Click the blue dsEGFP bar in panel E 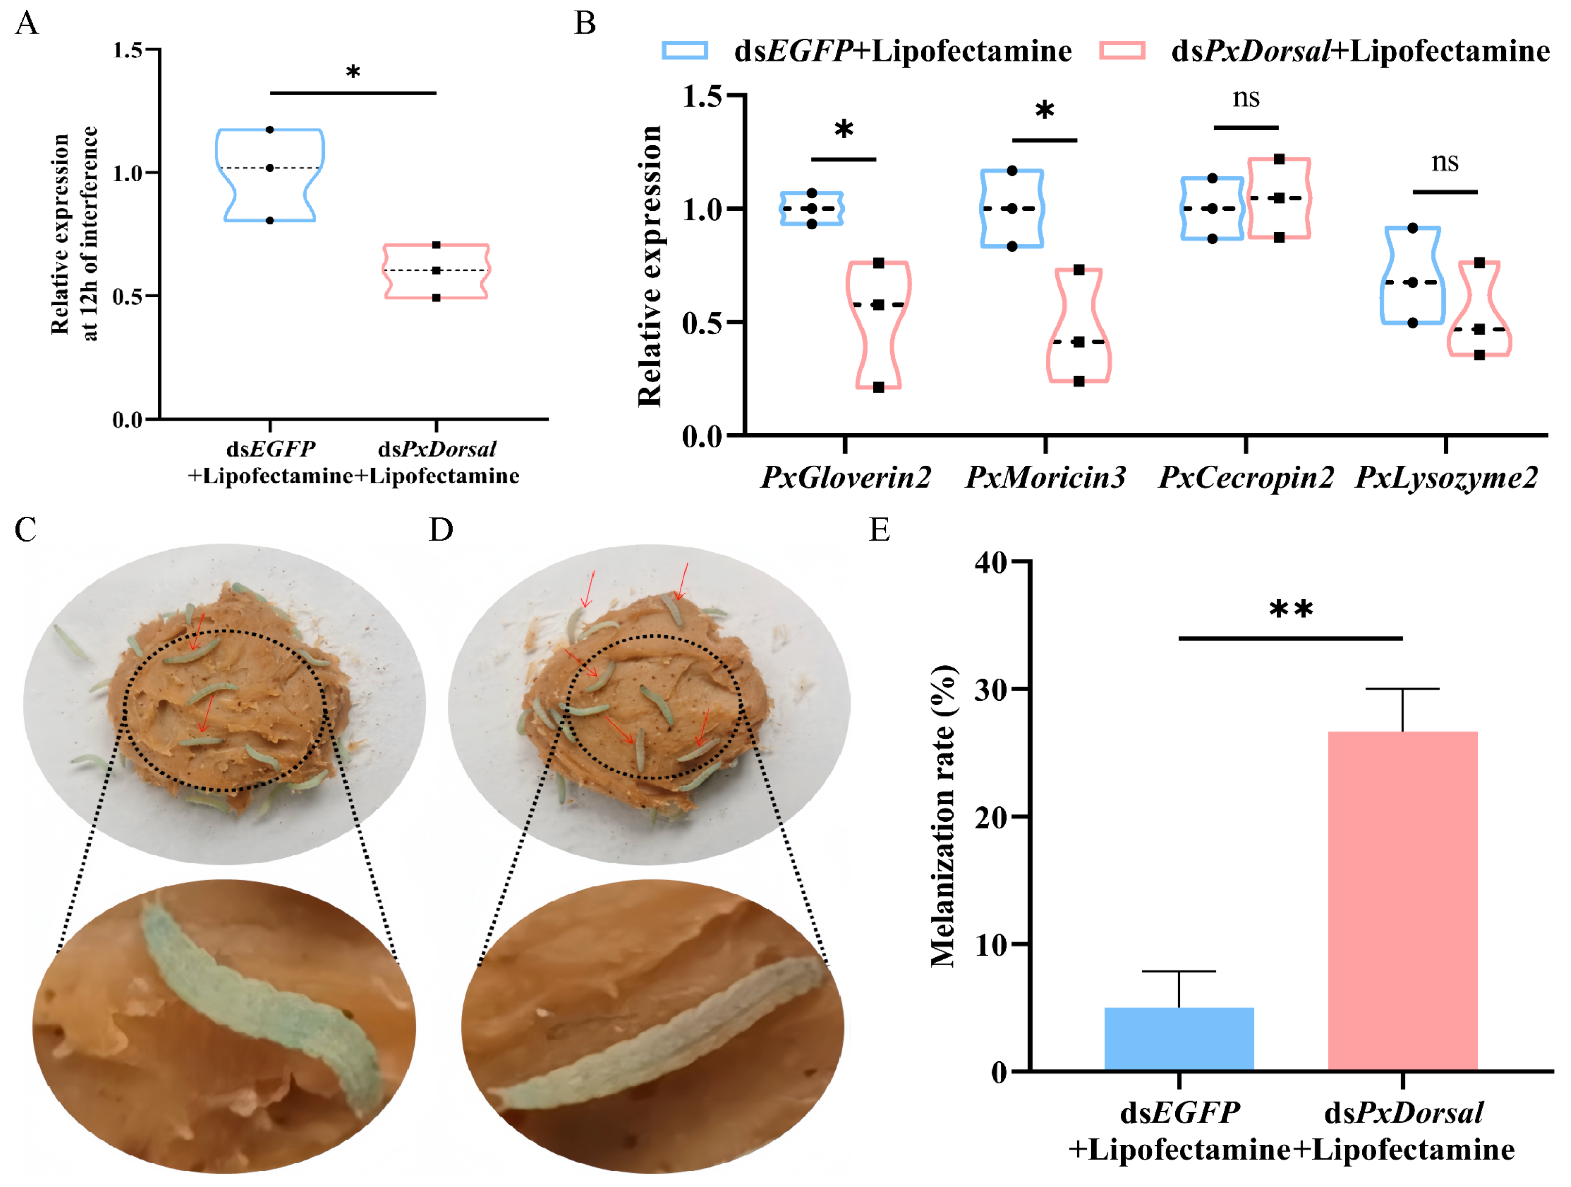coord(1179,1038)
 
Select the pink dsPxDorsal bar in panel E coord(1402,901)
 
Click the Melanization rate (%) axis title coord(943,816)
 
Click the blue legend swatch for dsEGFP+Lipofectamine coord(685,51)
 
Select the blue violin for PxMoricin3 coord(1012,208)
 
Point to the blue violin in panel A coord(270,175)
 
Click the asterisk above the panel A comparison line coord(353,72)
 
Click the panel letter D coord(440,530)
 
